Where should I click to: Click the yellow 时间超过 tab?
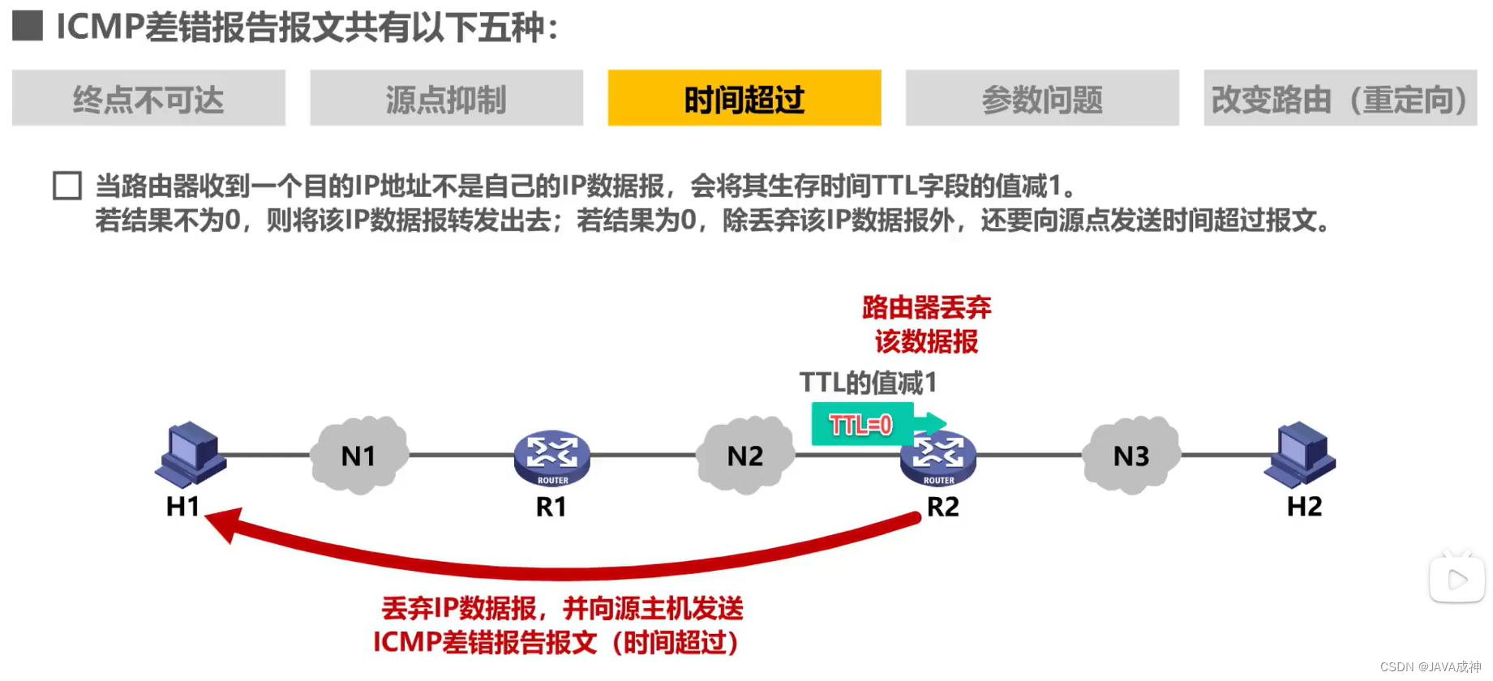[744, 98]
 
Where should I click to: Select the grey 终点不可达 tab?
[148, 98]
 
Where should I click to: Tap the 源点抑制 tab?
[446, 98]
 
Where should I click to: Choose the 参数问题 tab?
[1042, 98]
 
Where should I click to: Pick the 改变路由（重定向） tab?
[1340, 98]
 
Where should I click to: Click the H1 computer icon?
[191, 454]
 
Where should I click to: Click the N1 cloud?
[358, 455]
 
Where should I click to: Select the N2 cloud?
[744, 455]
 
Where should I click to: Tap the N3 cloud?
[1130, 455]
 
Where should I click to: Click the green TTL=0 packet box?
[862, 424]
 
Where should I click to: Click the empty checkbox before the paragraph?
[67, 186]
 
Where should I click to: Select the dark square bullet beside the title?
[28, 26]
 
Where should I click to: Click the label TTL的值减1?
[868, 383]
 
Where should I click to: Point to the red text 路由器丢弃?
[926, 307]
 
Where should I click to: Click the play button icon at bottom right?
[1457, 579]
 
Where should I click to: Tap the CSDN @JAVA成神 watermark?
[1431, 666]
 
